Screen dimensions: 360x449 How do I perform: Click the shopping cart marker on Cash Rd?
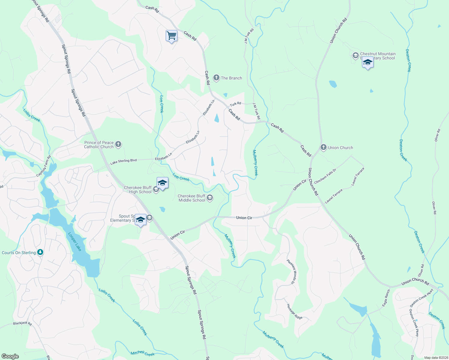coord(171,36)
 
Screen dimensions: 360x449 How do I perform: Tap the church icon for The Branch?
coord(216,78)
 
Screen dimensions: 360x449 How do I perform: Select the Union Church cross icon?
coord(323,147)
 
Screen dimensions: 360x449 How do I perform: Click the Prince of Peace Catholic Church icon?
coord(118,145)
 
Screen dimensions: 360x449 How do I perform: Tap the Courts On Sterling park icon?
coord(40,252)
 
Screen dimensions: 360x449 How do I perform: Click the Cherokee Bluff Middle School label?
coord(192,198)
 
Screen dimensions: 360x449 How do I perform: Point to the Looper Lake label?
coord(75,242)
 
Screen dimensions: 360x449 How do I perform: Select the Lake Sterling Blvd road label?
coord(123,162)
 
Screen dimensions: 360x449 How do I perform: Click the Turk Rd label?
coord(235,104)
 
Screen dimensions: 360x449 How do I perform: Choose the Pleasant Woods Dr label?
coord(292,272)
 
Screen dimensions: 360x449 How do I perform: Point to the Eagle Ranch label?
coord(386,298)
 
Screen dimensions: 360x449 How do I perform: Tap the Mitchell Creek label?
coord(143,353)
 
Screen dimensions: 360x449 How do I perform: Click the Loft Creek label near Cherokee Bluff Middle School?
coord(181,177)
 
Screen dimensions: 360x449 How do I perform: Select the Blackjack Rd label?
coord(22,323)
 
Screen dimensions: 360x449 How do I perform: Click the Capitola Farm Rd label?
coord(44,166)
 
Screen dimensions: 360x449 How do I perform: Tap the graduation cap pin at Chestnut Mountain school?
coord(368,63)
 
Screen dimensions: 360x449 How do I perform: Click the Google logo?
coord(10,356)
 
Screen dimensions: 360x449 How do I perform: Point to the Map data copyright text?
coord(435,358)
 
